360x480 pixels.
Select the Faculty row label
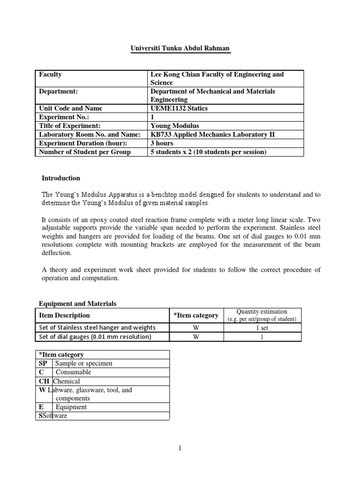point(51,75)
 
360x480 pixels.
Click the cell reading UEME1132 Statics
point(180,108)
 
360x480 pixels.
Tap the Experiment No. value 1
point(152,117)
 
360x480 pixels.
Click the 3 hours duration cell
point(162,143)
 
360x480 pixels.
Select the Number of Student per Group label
point(85,151)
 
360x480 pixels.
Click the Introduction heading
point(61,178)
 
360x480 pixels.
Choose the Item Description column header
point(64,315)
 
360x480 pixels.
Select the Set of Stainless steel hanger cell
point(97,328)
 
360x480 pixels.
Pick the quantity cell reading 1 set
point(262,328)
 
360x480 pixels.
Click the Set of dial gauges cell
point(95,337)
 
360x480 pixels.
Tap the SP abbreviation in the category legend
point(43,363)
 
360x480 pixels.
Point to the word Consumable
point(73,372)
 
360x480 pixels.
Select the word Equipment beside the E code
point(71,407)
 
